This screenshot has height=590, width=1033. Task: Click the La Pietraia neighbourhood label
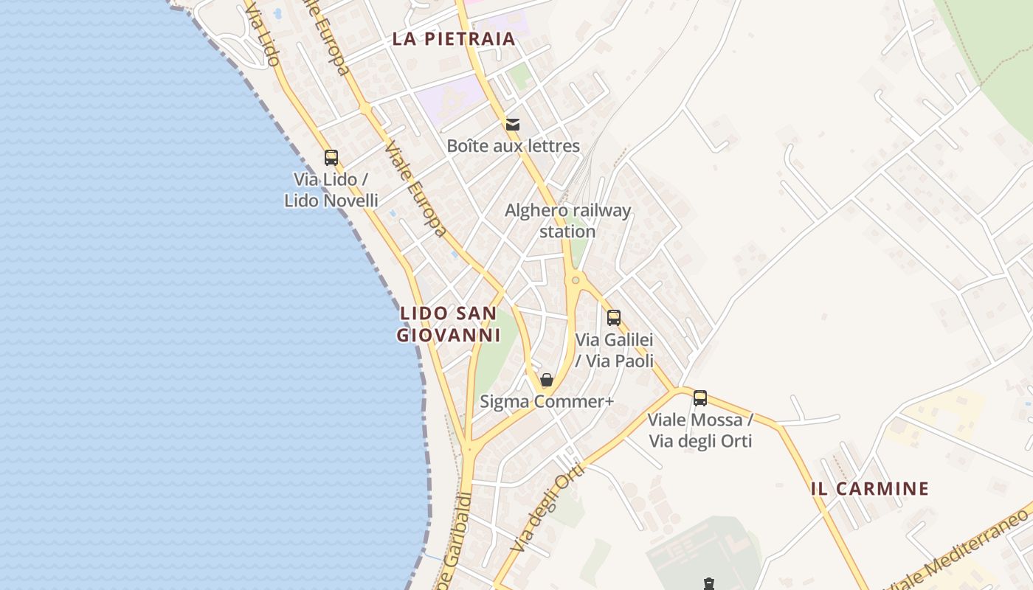(x=453, y=39)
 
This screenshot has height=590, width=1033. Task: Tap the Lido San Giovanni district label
(x=448, y=324)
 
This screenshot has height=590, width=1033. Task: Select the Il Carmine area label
(x=869, y=488)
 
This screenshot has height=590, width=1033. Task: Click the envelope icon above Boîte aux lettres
(x=513, y=125)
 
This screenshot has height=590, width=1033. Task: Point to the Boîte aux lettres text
(x=513, y=146)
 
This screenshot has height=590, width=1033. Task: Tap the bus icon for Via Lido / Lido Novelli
(x=331, y=157)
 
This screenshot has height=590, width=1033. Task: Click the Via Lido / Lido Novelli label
(x=331, y=190)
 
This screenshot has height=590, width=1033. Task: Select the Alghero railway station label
(x=567, y=221)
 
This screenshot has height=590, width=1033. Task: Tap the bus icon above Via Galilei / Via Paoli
(x=614, y=318)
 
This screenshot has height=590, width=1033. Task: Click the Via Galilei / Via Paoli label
(x=615, y=350)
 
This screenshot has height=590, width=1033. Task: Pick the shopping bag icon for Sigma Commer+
(x=547, y=381)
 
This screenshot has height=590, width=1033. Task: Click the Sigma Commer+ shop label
(x=547, y=402)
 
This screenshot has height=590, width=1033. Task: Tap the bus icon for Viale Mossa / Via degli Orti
(x=700, y=398)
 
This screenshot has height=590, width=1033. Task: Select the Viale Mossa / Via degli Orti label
(x=700, y=431)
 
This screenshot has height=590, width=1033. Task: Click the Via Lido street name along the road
(x=263, y=33)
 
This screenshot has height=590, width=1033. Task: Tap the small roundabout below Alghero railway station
(x=576, y=280)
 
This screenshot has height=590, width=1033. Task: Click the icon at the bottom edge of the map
(x=709, y=584)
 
